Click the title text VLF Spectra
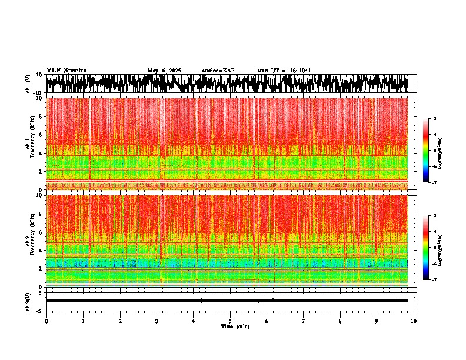coord(66,71)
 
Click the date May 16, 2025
coord(164,71)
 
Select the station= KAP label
coord(218,71)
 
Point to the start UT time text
coord(284,71)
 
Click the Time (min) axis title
coord(235,326)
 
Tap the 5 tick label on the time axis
coord(230,321)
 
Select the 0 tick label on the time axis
coord(46,321)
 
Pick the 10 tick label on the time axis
coord(414,321)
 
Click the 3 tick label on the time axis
coord(157,321)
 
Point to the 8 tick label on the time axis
coord(340,321)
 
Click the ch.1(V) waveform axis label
coord(28,84)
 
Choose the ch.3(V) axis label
coord(28,301)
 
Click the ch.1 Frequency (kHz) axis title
coord(31,144)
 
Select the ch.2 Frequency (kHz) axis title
coord(31,241)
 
